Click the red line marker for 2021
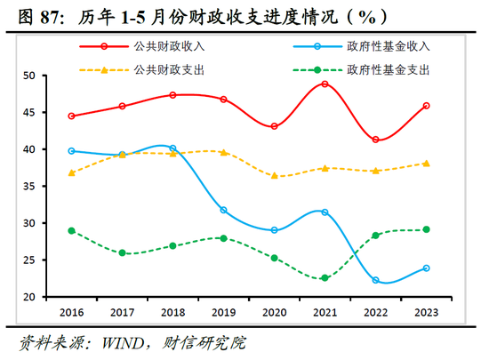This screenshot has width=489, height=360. pyautogui.click(x=325, y=84)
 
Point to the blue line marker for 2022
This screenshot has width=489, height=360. pyautogui.click(x=376, y=280)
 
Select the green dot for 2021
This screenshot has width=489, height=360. pyautogui.click(x=325, y=278)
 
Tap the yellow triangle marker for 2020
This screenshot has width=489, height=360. pyautogui.click(x=274, y=176)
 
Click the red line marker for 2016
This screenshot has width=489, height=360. pyautogui.click(x=71, y=116)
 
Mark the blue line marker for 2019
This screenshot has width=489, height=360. pyautogui.click(x=223, y=210)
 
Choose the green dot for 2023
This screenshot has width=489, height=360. pyautogui.click(x=427, y=229)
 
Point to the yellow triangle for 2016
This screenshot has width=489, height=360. pyautogui.click(x=71, y=172)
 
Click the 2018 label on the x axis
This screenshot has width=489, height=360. pyautogui.click(x=172, y=313)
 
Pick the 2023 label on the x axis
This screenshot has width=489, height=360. pyautogui.click(x=427, y=313)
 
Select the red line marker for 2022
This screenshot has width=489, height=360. pyautogui.click(x=376, y=140)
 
